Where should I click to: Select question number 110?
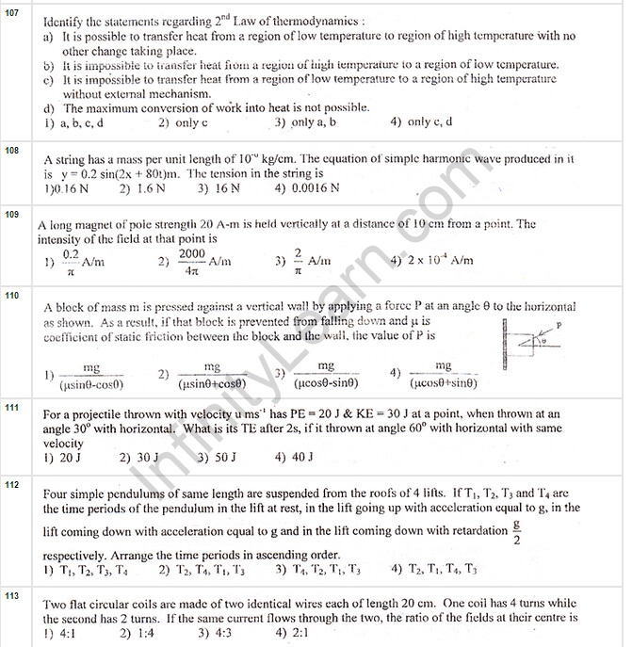point(12,296)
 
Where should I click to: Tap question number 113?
point(12,596)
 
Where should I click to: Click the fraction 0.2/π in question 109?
point(70,262)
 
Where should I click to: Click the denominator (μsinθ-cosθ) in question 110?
point(91,384)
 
